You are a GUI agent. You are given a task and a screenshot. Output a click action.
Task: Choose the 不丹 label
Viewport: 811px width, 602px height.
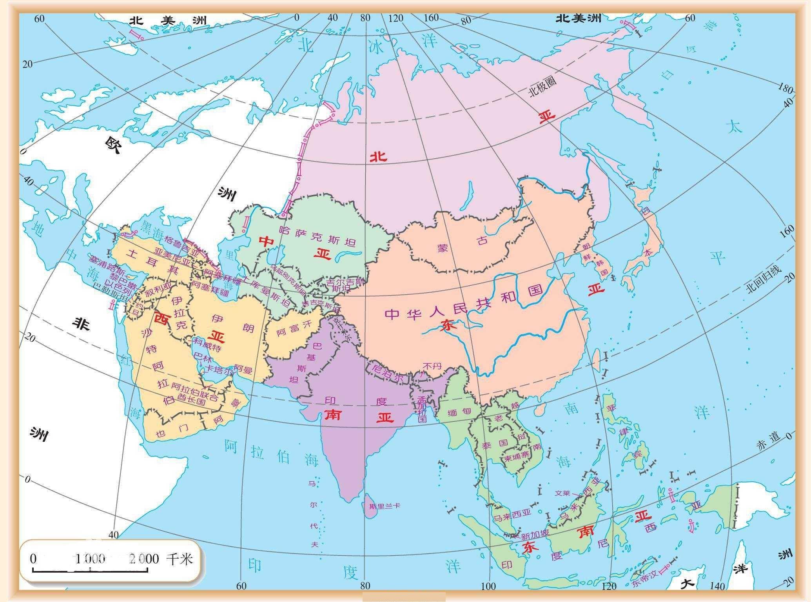432,366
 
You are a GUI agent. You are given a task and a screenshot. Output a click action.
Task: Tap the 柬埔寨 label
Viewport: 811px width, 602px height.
517,457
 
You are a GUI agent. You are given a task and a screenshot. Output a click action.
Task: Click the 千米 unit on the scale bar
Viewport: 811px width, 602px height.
180,558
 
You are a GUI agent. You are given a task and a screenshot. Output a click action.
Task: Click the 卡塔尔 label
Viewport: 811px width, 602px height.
220,370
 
